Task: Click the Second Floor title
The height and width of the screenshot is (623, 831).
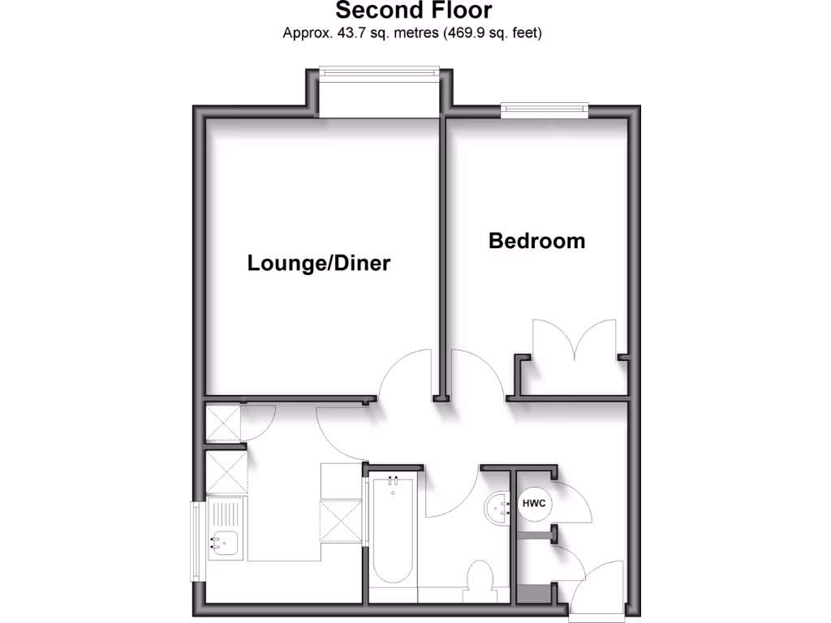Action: click(x=413, y=11)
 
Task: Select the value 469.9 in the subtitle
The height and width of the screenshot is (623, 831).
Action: click(x=462, y=33)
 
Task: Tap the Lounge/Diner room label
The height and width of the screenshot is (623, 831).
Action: click(x=319, y=264)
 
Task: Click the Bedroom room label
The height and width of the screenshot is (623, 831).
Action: click(x=536, y=241)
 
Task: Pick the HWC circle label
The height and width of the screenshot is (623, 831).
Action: click(x=532, y=505)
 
